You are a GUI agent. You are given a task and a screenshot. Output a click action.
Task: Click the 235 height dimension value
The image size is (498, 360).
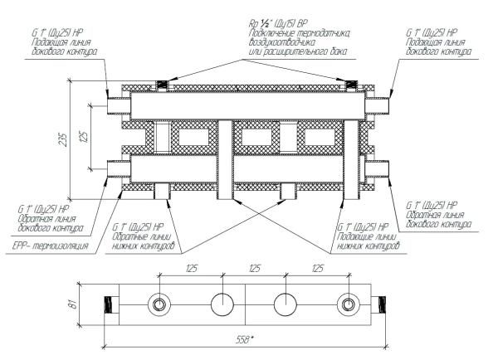64,139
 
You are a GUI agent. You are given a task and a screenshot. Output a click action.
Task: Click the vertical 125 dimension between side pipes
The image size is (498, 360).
84,137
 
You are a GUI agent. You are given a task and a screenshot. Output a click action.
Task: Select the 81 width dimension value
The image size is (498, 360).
73,304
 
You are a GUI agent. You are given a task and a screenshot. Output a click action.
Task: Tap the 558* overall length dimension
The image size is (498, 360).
245,340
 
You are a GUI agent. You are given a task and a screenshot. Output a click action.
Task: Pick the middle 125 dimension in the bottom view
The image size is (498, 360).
255,269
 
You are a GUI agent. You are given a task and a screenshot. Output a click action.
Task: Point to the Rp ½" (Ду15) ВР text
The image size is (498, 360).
278,23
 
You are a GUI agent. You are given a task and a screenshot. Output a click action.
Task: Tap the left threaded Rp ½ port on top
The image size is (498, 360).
162,85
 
